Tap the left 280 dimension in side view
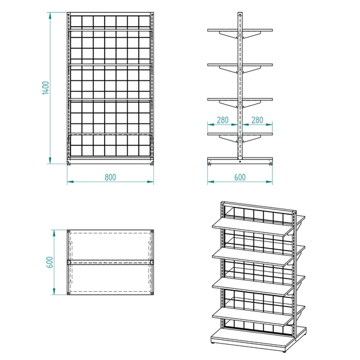[x=222, y=120]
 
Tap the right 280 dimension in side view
[x=257, y=120]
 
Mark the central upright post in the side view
[x=240, y=85]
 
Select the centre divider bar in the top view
[x=109, y=263]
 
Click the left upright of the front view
[x=69, y=88]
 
